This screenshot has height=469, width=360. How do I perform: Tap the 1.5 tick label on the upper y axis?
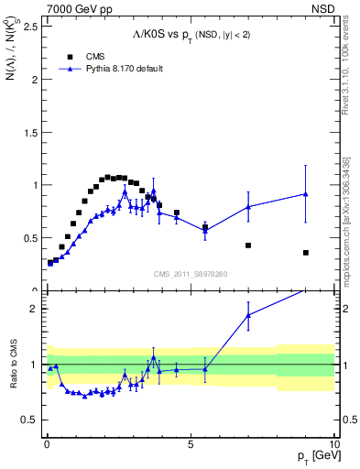29,132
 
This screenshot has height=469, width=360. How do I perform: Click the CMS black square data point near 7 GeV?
248,245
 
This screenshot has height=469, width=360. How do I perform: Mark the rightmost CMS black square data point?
305,253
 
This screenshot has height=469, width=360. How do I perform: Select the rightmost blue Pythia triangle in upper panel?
305,194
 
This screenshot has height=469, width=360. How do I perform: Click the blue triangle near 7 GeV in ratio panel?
248,316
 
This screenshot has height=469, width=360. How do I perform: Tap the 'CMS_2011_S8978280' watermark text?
191,274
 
